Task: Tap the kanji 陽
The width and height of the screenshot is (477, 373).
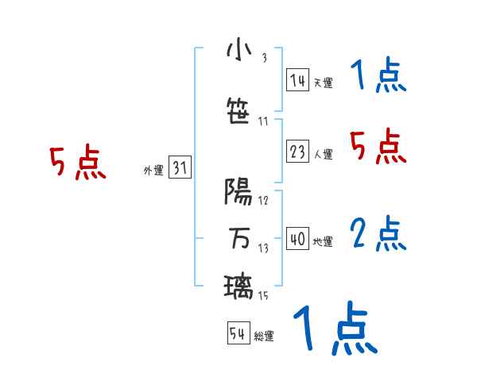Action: click(x=238, y=191)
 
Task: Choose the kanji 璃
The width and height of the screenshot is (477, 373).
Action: click(x=238, y=285)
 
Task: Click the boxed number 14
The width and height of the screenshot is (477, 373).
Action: click(x=297, y=80)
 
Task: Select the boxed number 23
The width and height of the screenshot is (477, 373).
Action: click(x=297, y=153)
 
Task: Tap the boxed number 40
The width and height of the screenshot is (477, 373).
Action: click(x=297, y=240)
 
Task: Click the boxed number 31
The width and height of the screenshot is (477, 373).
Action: click(x=180, y=168)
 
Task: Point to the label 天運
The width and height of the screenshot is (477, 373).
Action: click(x=323, y=82)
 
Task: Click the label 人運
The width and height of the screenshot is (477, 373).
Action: click(x=323, y=155)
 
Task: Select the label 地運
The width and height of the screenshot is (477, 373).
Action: click(x=323, y=241)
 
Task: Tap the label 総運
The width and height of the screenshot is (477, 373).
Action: click(x=264, y=336)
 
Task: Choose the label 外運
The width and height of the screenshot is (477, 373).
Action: click(x=153, y=170)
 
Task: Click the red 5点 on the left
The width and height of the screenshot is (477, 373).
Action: click(x=77, y=163)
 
